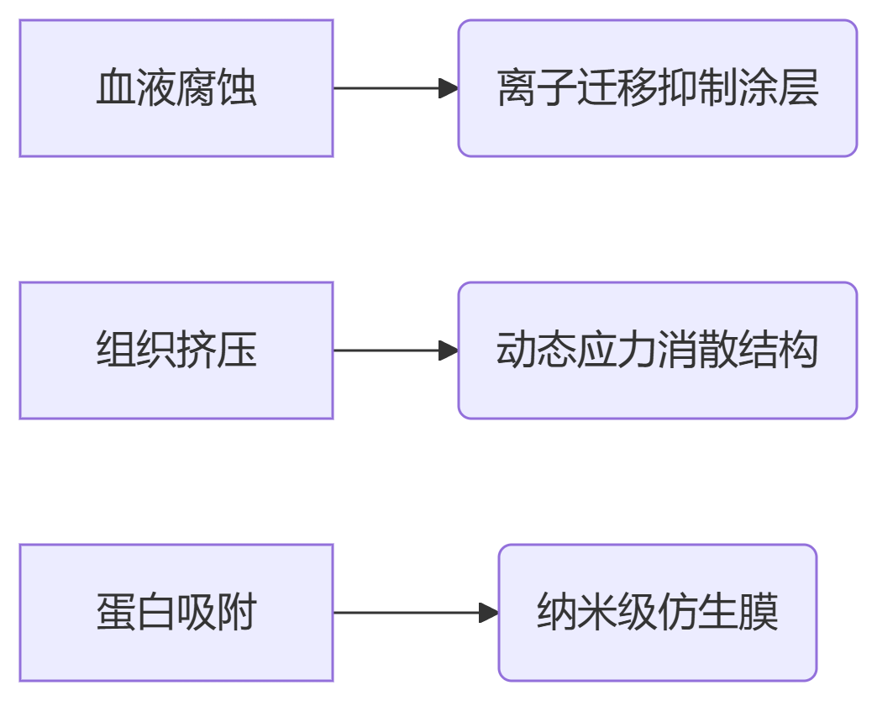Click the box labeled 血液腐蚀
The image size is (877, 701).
point(176,88)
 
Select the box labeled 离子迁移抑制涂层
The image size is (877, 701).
point(657,88)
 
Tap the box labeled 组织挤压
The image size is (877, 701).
point(176,350)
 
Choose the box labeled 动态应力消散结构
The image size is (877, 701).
point(657,350)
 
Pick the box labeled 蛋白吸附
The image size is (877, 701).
point(176,613)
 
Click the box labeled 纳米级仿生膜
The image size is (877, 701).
point(657,613)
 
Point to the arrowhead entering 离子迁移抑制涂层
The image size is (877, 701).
point(449,88)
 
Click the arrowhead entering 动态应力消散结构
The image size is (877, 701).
point(449,350)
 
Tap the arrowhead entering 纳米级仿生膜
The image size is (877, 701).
point(489,613)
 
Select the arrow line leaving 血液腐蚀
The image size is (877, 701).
point(386,88)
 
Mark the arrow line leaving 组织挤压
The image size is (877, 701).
point(386,350)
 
